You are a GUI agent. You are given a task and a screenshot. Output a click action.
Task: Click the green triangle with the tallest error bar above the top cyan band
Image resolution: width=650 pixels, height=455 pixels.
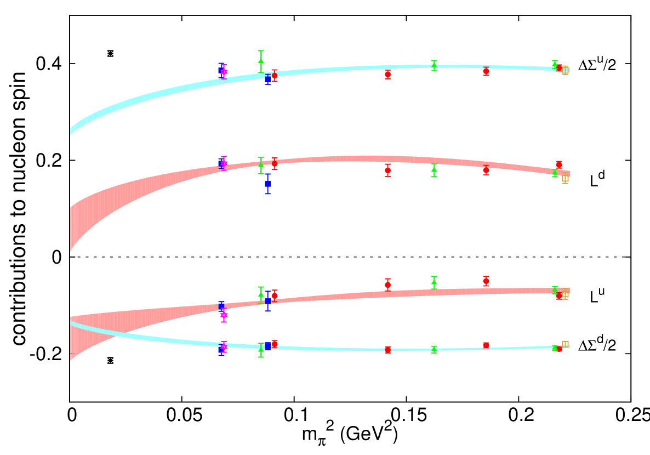261,61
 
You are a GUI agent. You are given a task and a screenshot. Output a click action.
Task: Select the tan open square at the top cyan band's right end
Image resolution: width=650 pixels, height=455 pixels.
565,71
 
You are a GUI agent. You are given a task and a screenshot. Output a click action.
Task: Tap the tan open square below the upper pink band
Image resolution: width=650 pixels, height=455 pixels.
565,179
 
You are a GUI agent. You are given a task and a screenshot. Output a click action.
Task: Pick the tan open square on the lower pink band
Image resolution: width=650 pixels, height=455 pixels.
565,295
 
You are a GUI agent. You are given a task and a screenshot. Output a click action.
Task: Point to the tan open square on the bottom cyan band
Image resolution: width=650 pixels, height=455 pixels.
565,344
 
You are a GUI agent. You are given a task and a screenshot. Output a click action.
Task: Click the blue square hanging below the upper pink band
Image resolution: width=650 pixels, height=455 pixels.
267,184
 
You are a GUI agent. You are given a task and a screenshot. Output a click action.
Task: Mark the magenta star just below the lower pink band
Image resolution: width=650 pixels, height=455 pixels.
224,315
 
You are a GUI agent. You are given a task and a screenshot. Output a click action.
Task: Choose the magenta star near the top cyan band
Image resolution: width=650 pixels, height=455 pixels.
224,72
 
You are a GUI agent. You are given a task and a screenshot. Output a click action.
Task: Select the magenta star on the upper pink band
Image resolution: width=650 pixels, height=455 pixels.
224,163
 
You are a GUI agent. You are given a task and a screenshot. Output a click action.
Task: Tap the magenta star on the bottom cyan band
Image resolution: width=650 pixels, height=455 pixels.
224,346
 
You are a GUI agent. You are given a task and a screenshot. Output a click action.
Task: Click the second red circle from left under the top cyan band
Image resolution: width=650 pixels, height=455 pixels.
387,75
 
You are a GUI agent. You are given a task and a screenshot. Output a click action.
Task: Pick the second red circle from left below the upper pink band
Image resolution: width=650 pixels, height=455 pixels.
387,170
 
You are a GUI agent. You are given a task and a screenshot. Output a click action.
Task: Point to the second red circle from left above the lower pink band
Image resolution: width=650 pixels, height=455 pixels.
387,285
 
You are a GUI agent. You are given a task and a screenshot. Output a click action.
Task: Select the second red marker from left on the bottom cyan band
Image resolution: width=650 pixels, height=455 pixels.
387,350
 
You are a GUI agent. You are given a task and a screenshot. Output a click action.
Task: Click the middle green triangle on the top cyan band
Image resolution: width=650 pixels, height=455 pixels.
434,66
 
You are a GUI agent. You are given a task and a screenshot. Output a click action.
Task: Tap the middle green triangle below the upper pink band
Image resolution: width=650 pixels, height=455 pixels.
434,170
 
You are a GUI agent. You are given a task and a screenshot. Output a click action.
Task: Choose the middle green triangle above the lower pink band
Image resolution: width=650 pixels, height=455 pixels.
434,282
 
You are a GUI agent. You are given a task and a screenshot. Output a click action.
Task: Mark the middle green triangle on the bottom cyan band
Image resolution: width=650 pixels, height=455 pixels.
434,349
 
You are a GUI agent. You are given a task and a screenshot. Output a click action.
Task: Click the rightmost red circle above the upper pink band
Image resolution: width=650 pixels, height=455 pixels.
558,164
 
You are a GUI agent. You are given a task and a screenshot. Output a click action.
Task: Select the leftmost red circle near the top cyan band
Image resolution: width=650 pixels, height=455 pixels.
275,76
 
